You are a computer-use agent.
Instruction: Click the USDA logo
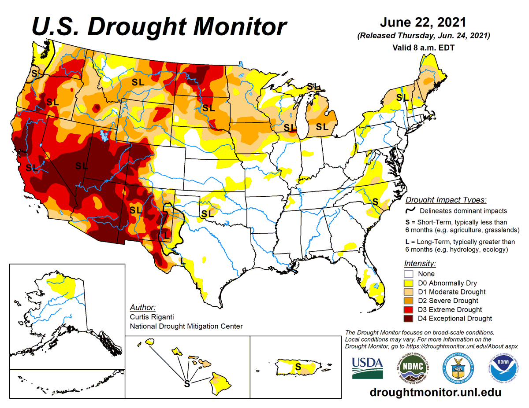pyautogui.click(x=367, y=367)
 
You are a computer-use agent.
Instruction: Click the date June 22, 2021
pyautogui.click(x=423, y=22)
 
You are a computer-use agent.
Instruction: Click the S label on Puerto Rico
pyautogui.click(x=298, y=366)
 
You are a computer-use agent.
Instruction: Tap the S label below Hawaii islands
pyautogui.click(x=186, y=383)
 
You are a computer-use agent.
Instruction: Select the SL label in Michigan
pyautogui.click(x=322, y=127)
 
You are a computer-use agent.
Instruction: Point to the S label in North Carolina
pyautogui.click(x=375, y=201)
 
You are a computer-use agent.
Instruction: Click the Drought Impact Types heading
pyautogui.click(x=446, y=200)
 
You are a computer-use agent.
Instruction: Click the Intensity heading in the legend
pyautogui.click(x=420, y=264)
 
